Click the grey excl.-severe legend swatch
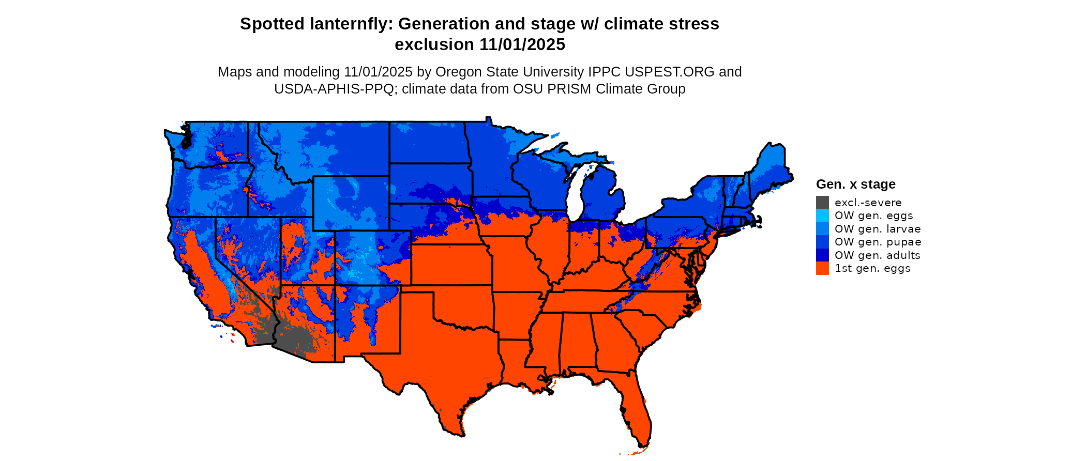coord(822,203)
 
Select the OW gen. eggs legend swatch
coord(822,216)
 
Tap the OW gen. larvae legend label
coord(878,229)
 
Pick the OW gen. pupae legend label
coord(878,242)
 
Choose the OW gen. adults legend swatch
coord(822,255)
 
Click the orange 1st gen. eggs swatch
coord(822,268)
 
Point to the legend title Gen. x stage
coord(855,184)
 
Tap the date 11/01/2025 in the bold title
coord(522,44)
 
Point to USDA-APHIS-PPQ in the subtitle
coord(334,89)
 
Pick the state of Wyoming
coord(351,203)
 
